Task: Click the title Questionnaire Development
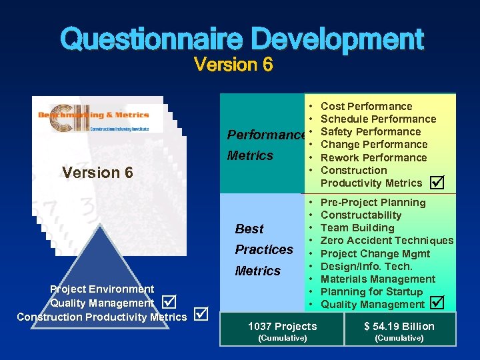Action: tap(241, 39)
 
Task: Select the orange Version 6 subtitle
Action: tap(233, 65)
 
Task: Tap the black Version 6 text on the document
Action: tap(97, 173)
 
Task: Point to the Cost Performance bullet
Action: tap(366, 106)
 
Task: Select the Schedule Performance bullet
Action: tap(378, 119)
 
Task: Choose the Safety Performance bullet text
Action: tap(371, 132)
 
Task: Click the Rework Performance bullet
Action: tap(373, 157)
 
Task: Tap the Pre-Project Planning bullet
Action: tap(373, 202)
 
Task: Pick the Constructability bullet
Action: tap(361, 215)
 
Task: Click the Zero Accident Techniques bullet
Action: tap(387, 241)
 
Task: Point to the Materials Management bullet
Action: tap(377, 279)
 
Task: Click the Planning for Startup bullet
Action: tap(371, 291)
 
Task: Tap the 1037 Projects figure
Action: tap(282, 326)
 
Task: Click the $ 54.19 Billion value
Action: tap(399, 326)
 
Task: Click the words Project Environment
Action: tap(102, 289)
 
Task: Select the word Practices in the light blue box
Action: tap(264, 249)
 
